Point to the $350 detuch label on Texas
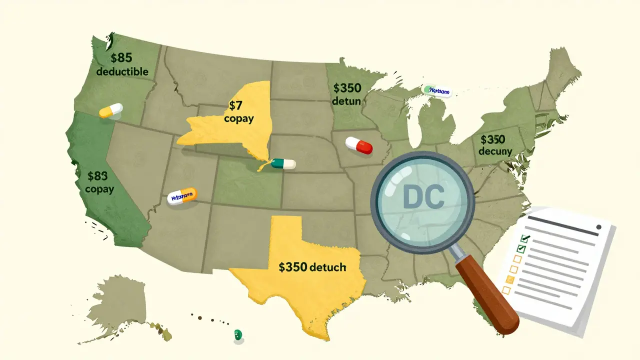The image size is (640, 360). click(x=312, y=267)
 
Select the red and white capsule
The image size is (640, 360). click(x=359, y=145)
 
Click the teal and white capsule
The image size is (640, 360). click(x=282, y=164)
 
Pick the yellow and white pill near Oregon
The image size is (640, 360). click(x=111, y=110)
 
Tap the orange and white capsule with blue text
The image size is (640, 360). click(x=182, y=196)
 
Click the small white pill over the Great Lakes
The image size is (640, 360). click(x=436, y=91)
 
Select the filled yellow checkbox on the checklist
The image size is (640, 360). click(x=510, y=279)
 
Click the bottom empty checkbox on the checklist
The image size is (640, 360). click(x=506, y=290)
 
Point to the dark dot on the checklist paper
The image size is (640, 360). click(x=598, y=226)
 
